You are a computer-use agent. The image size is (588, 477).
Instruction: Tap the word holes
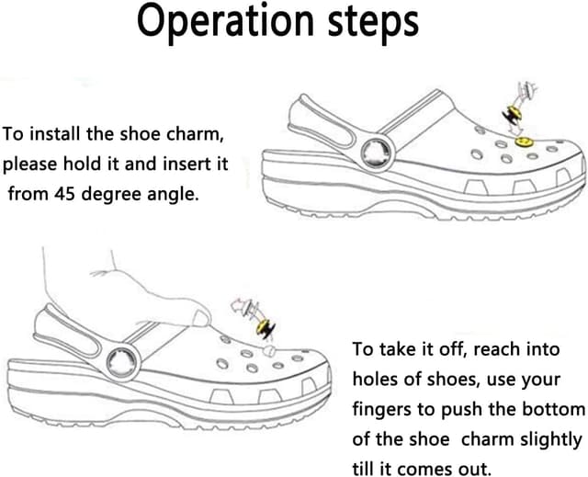coord(377,379)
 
